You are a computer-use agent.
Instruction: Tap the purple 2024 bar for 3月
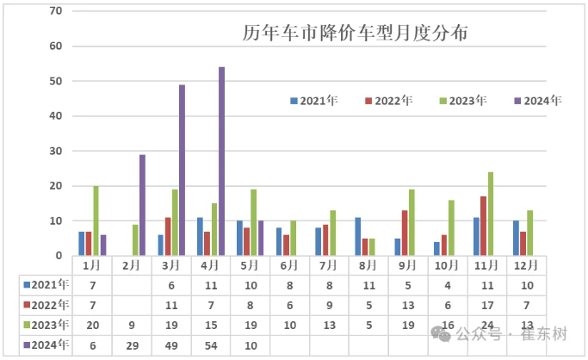[182, 170]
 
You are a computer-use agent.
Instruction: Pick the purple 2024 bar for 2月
[142, 205]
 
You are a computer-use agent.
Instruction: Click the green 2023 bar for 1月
[96, 220]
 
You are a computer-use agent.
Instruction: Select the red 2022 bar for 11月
[482, 226]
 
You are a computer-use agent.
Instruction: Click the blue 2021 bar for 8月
[357, 236]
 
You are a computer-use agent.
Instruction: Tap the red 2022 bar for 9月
[404, 233]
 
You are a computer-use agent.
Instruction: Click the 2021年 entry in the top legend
[313, 101]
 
